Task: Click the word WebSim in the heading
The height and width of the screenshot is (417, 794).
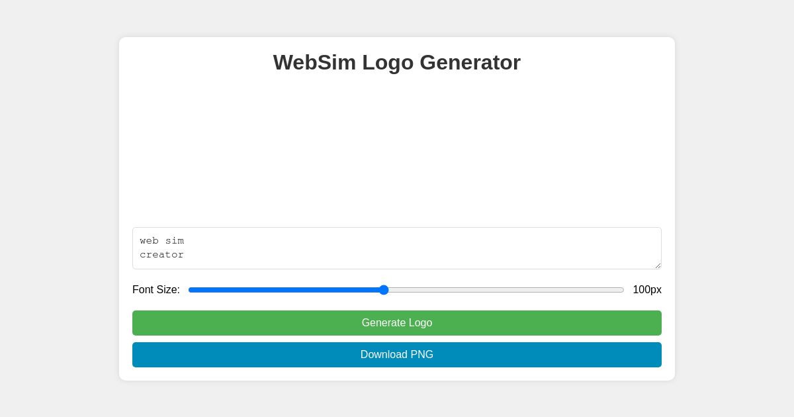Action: (x=314, y=62)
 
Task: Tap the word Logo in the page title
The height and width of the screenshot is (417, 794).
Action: (x=388, y=62)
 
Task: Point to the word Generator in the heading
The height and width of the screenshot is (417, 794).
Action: (x=470, y=62)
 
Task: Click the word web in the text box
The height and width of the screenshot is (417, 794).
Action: (x=150, y=241)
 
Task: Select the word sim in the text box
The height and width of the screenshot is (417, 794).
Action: (x=175, y=241)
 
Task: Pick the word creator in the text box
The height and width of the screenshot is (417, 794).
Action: (x=162, y=255)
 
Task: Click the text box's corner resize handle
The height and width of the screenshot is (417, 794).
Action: (x=658, y=265)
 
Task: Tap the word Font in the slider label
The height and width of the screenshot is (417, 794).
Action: (x=143, y=290)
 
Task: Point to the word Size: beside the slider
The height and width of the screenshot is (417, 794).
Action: (x=167, y=290)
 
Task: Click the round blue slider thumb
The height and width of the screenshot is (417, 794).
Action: (x=384, y=290)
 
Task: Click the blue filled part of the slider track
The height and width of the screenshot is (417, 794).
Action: (x=285, y=290)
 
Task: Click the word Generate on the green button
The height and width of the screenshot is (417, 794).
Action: (x=384, y=323)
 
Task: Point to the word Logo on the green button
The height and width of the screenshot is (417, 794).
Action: (x=420, y=323)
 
